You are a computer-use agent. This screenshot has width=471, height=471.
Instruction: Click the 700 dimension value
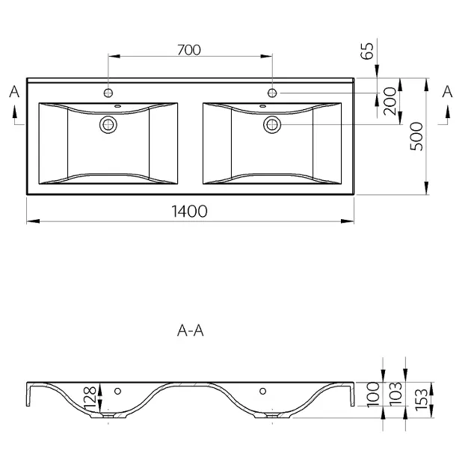pos(189,50)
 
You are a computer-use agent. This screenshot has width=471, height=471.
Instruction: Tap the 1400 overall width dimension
pos(189,211)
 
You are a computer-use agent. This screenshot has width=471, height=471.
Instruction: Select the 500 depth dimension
pos(416,136)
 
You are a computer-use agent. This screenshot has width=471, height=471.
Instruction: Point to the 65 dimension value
pos(367,51)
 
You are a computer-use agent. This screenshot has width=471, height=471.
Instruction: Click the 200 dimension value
pos(390,101)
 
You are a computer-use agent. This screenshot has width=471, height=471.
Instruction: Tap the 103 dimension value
pos(395,394)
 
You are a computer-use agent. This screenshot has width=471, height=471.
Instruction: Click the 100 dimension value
pos(373,394)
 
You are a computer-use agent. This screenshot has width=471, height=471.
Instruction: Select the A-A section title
pos(191,330)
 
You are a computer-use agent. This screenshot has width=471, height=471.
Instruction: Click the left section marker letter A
pos(14,92)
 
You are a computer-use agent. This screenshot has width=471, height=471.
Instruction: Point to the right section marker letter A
pos(447,92)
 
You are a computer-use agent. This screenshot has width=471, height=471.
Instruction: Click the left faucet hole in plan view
pos(108,93)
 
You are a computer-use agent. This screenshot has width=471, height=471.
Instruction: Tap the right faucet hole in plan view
pos(272,93)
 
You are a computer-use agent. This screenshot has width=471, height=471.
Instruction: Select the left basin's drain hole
pos(108,124)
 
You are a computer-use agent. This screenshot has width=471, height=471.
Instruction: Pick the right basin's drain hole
pos(272,124)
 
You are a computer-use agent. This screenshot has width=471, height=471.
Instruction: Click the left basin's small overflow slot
pos(118,106)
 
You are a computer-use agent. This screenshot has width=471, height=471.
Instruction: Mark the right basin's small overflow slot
pos(263,106)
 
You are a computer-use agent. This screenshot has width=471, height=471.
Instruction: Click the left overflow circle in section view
pos(118,391)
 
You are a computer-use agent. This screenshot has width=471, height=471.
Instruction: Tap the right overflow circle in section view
pos(263,391)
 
